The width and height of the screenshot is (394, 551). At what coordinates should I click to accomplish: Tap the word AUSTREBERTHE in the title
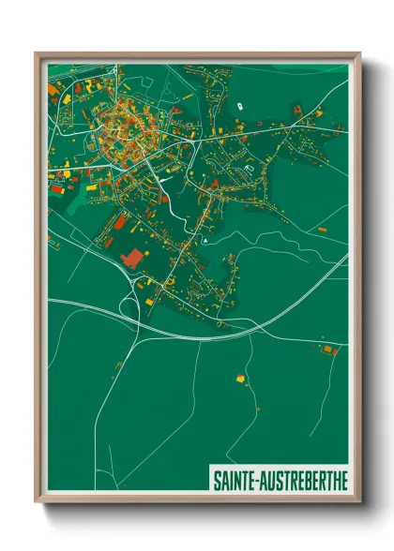pos(304,478)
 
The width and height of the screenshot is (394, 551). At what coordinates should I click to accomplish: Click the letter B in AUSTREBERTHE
pos(300,478)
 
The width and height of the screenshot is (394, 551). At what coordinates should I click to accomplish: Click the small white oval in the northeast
pos(241,106)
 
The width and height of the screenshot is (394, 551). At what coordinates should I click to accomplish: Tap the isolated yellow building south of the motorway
pos(239,379)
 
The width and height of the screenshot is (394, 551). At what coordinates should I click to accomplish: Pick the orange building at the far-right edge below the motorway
pos(328,350)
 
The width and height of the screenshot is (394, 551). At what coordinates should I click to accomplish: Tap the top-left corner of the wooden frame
pos(37,54)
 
